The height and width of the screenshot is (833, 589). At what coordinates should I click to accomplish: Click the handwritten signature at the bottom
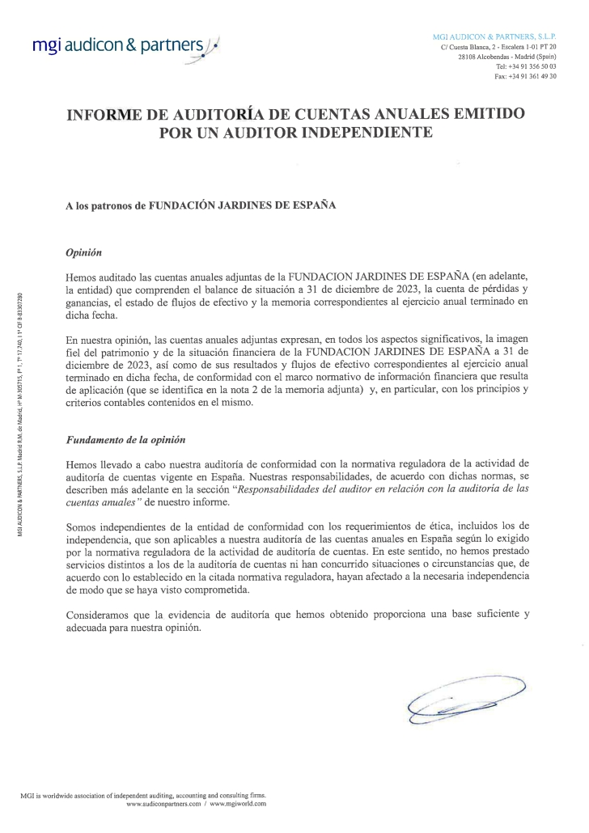click(465, 698)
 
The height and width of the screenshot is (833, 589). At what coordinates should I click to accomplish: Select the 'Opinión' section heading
click(83, 252)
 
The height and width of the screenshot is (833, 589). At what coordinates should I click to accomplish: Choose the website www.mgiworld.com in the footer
click(238, 804)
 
